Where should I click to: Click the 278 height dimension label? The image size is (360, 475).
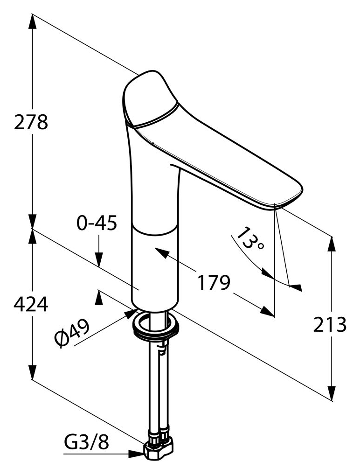tap(31, 122)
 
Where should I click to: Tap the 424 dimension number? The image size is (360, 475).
tap(31, 304)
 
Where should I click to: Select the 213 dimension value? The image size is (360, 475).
tap(329, 324)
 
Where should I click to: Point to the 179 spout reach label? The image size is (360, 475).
tap(214, 282)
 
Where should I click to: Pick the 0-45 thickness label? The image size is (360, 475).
tap(97, 223)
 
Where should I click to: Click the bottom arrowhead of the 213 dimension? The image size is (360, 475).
tap(332, 393)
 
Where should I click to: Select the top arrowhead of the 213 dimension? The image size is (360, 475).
tap(332, 244)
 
